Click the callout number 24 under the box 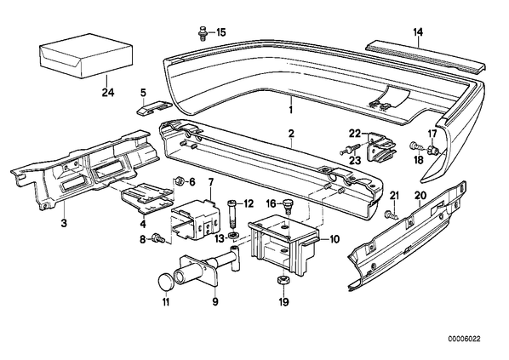108,93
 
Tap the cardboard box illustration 86,56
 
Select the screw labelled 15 203,34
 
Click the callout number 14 419,32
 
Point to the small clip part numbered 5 153,107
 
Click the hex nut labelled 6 179,181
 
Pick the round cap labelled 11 166,282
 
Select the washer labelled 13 233,235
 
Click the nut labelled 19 283,280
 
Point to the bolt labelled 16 288,206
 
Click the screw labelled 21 390,215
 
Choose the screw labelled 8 158,238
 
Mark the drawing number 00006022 464,339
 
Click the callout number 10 334,239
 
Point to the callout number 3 64,223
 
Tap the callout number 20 420,196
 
